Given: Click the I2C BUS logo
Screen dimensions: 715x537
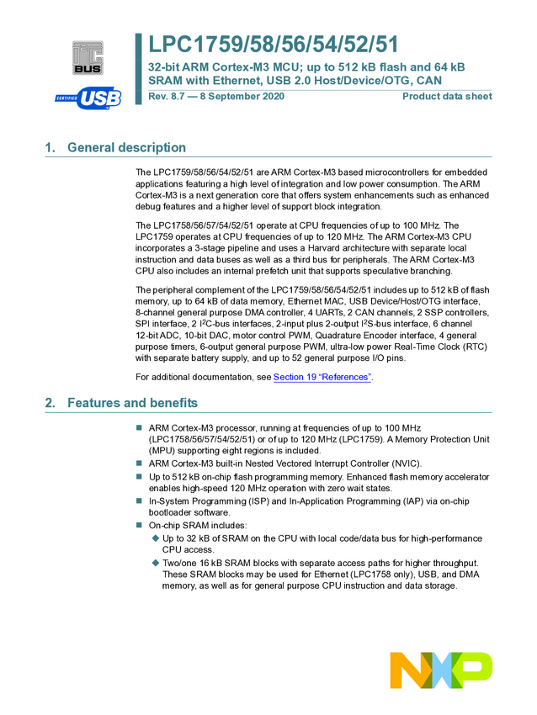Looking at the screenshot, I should [88, 58].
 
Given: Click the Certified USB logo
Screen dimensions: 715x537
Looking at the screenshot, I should [88, 98].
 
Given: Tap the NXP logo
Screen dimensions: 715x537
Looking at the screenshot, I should [441, 670].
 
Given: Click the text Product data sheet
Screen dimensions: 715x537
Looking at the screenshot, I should [447, 97].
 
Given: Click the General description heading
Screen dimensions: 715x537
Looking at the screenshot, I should [126, 148].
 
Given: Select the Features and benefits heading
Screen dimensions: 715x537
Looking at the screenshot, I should [132, 403].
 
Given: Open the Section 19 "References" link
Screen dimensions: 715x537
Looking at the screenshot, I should [322, 377].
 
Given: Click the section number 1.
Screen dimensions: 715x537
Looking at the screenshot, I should [50, 148].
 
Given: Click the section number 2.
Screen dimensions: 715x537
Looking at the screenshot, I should [50, 403].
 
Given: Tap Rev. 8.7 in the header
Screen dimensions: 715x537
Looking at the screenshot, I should [167, 97].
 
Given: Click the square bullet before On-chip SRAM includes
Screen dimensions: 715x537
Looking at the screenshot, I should [140, 526].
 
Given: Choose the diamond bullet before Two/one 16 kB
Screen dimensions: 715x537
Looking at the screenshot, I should [155, 563].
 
